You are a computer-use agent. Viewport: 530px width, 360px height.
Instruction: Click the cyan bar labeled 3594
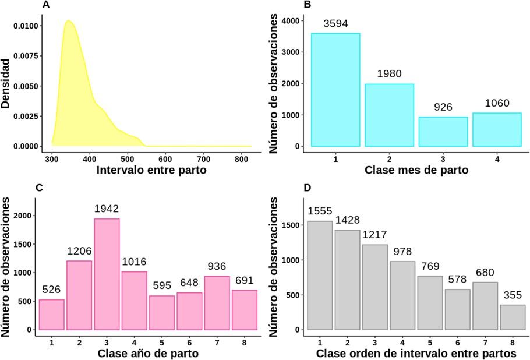[335, 90]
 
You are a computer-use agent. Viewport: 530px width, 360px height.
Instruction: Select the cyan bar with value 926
[443, 132]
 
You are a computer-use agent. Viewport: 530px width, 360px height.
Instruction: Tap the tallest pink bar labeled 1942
[107, 274]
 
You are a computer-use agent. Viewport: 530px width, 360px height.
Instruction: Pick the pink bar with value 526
[52, 315]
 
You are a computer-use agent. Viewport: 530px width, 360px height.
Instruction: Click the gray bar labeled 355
[513, 317]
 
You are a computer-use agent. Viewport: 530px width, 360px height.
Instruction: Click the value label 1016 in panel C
[134, 262]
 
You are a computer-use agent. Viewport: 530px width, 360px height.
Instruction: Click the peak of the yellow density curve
[69, 21]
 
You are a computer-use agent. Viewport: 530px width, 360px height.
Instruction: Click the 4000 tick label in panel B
[289, 20]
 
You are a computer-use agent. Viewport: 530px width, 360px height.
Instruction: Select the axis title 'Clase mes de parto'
[416, 171]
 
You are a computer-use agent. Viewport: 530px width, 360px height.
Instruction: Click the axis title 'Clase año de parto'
[148, 354]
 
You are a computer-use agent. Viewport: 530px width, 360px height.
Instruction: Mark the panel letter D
[308, 188]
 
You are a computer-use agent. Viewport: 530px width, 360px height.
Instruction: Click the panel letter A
[46, 5]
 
